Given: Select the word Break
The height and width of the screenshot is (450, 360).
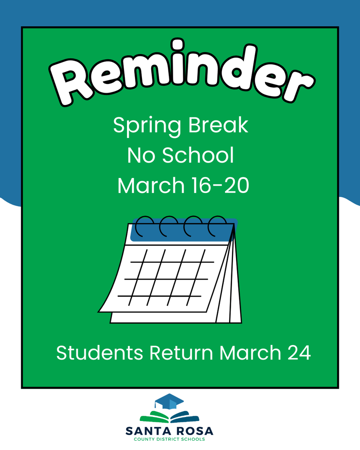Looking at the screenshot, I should [x=218, y=126].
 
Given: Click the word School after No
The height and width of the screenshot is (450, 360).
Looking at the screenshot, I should [x=198, y=156].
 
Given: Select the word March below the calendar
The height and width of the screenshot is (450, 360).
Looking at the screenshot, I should [x=251, y=353].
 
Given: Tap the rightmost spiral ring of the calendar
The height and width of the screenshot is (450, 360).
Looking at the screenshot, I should [x=217, y=225].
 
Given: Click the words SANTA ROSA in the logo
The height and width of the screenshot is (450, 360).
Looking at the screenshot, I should [x=169, y=430].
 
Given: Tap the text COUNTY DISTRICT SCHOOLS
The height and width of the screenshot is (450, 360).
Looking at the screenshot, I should [x=169, y=439].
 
